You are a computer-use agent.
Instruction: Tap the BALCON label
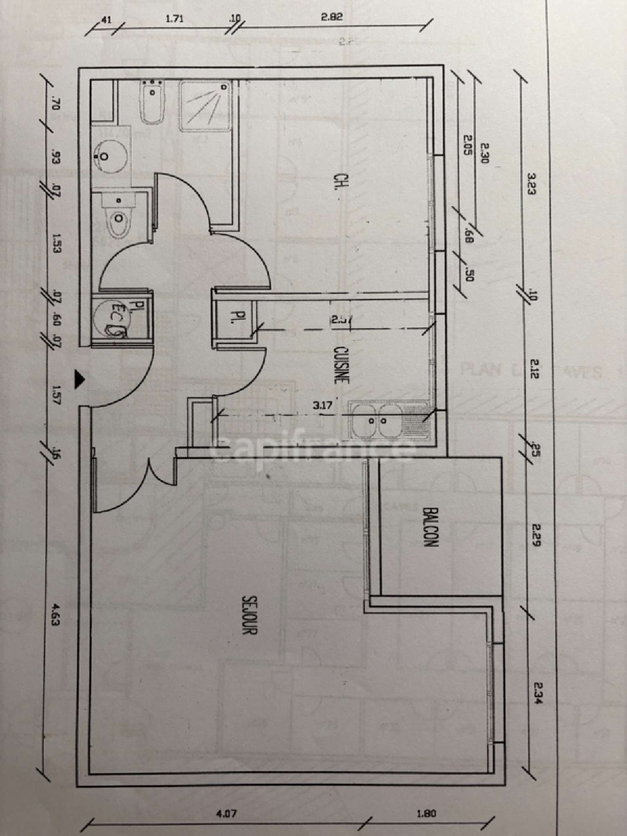point(430,527)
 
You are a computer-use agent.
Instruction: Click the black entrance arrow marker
point(79,380)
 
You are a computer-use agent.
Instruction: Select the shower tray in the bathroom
point(206,106)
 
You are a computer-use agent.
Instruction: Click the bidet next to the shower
point(153,102)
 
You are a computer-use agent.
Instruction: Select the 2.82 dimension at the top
point(332,18)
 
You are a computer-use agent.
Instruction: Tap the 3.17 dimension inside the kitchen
point(322,405)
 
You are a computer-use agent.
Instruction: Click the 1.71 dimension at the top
point(174,19)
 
